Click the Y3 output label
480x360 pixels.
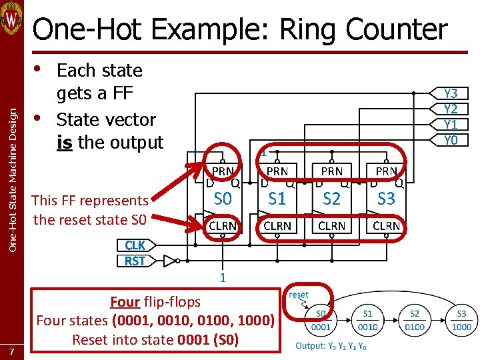[451, 94]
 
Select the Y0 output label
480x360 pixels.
[451, 140]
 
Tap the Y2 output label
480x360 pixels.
[451, 109]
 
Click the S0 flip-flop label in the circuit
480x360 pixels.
[223, 199]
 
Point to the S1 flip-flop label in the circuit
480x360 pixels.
[277, 199]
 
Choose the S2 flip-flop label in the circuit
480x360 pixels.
[331, 199]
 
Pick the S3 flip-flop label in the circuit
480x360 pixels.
[386, 199]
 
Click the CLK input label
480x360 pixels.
[135, 245]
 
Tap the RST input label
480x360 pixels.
[135, 261]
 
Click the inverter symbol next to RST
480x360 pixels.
[171, 260]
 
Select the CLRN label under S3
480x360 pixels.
[386, 226]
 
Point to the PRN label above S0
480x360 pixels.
[223, 171]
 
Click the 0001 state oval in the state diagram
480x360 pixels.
[320, 321]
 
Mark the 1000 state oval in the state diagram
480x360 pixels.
[461, 321]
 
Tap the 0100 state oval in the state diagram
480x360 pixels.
[415, 321]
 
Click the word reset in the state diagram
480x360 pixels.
[298, 294]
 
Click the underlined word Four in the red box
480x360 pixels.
[125, 301]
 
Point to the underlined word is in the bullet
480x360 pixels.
[65, 143]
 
